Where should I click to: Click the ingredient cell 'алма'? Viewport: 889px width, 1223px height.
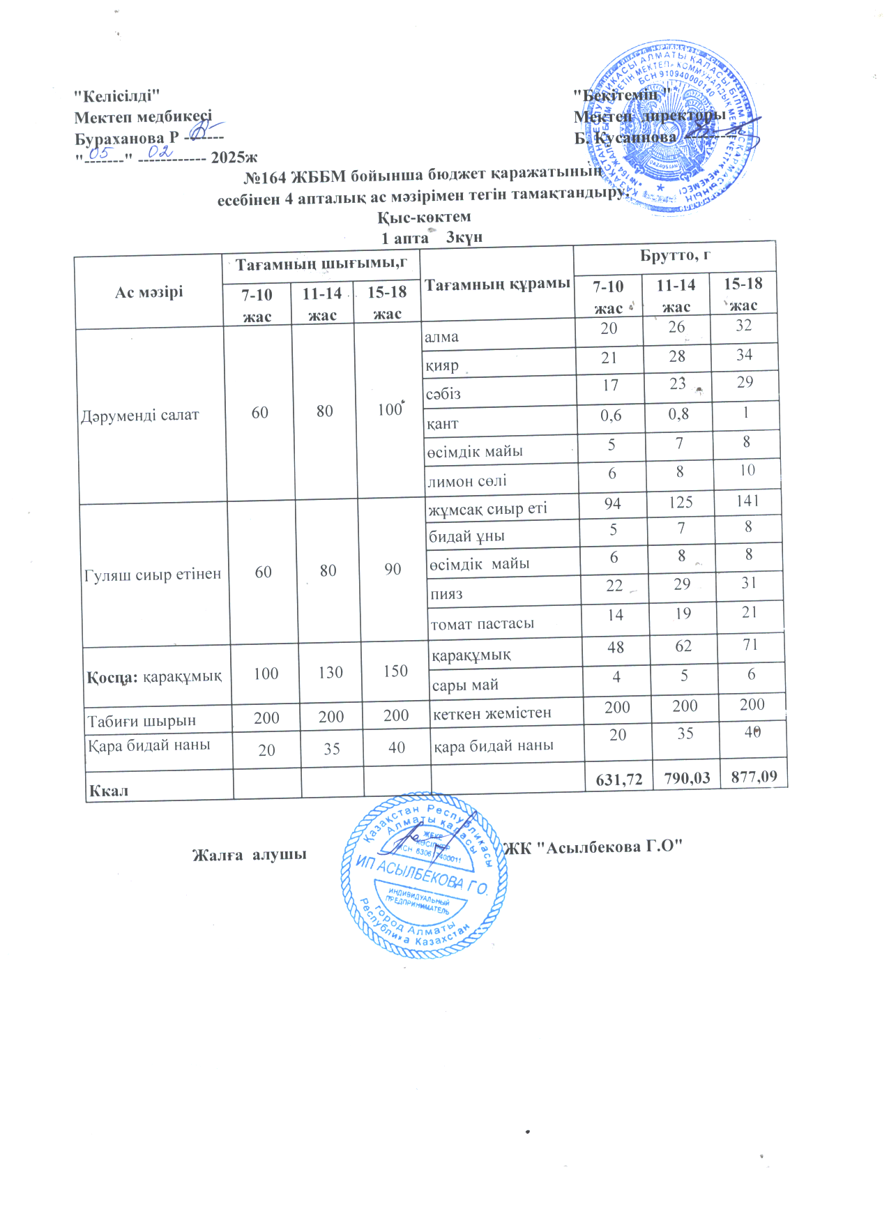click(x=442, y=337)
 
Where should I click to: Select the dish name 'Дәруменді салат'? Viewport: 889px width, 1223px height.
click(x=140, y=415)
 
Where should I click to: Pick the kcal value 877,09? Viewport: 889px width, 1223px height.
click(x=754, y=776)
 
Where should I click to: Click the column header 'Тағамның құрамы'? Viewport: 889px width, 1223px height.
click(x=497, y=284)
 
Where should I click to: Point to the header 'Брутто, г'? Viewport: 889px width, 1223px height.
click(x=674, y=255)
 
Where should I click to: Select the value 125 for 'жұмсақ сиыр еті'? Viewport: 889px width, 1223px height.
click(x=681, y=502)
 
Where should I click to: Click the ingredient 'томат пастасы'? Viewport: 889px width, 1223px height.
click(x=483, y=624)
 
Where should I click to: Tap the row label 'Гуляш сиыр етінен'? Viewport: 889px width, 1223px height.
click(x=153, y=575)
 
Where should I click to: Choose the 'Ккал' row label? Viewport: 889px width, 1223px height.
click(x=109, y=791)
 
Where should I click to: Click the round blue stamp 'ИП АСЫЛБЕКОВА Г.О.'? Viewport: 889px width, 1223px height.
click(x=424, y=875)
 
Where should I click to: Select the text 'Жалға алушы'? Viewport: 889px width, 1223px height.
click(x=250, y=854)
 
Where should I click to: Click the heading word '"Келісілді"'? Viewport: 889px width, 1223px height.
click(x=118, y=96)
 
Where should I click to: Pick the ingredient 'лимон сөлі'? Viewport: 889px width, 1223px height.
click(x=466, y=481)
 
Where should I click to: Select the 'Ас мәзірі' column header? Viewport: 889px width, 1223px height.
click(x=149, y=291)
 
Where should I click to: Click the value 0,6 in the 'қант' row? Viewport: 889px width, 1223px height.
click(x=611, y=416)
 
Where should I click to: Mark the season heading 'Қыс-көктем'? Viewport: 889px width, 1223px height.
click(x=424, y=217)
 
